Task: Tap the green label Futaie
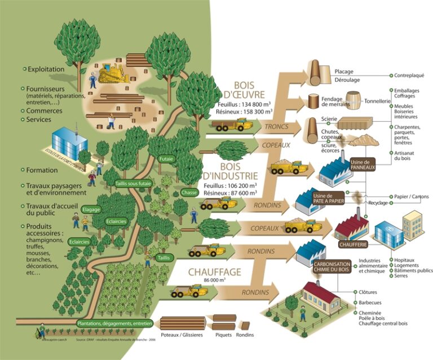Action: pyautogui.click(x=166, y=159)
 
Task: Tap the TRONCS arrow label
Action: pyautogui.click(x=276, y=127)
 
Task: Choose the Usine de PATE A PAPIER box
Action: pyautogui.click(x=329, y=198)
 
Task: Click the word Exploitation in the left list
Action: pyautogui.click(x=46, y=69)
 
